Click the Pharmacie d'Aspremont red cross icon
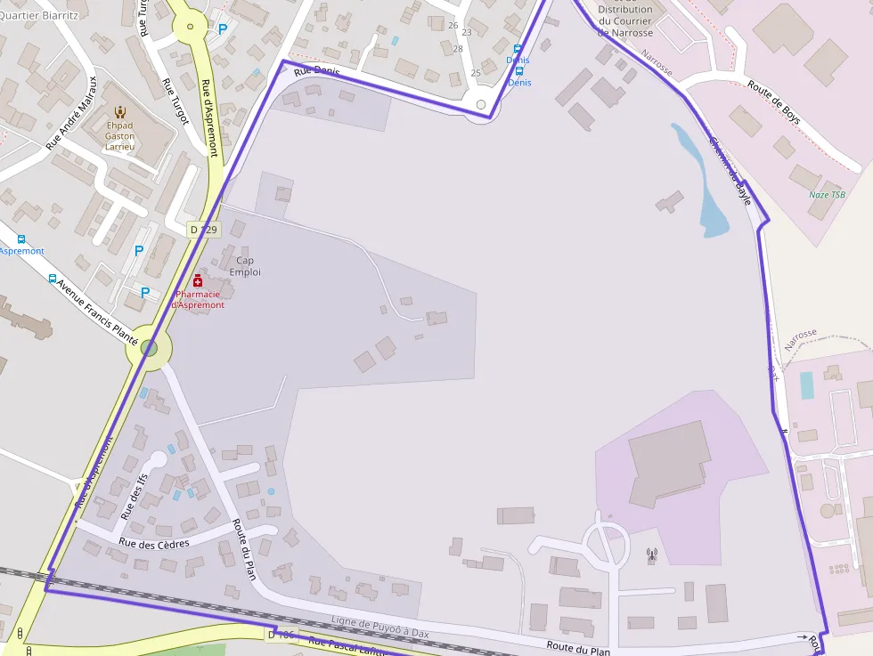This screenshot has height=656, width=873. [x=198, y=281]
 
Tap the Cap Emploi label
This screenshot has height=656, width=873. [x=245, y=266]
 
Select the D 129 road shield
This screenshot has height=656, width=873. [x=204, y=230]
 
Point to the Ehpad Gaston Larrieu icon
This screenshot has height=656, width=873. [x=120, y=112]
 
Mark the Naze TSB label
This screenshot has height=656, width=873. [x=827, y=195]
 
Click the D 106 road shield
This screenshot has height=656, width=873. [x=281, y=634]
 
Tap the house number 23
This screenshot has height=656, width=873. [x=466, y=32]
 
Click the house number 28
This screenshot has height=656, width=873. [x=458, y=48]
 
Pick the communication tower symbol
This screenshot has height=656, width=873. [x=651, y=556]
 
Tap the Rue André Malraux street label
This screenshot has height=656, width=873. [x=70, y=124]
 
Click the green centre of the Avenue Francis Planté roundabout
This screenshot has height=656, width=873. [x=149, y=348]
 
